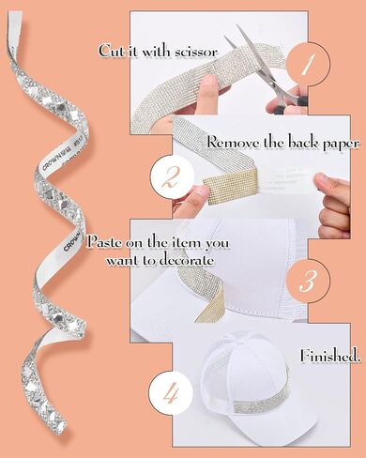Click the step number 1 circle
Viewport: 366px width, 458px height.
(308, 64)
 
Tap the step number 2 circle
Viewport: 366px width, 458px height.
(172, 176)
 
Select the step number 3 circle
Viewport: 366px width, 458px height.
(308, 281)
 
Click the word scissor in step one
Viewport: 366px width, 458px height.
(196, 52)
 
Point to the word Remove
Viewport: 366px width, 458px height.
(233, 143)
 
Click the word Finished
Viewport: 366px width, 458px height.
(329, 356)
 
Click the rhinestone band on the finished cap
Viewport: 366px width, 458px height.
(262, 401)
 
